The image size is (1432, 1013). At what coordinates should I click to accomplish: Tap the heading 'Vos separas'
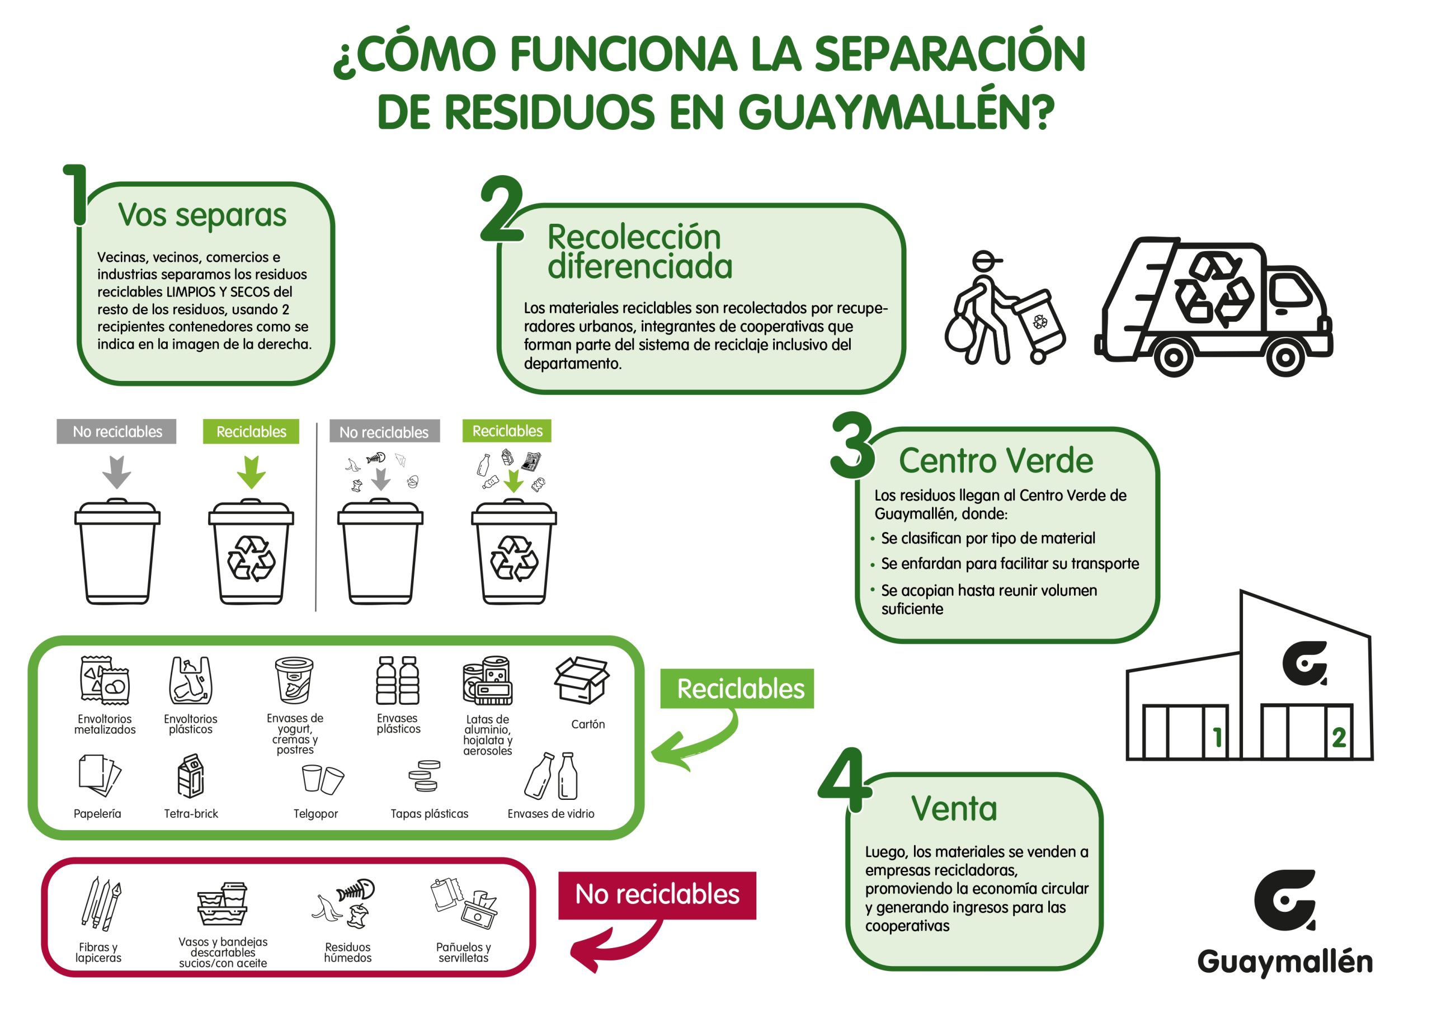pos(202,215)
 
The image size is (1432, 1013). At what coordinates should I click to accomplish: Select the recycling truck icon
pos(1214,307)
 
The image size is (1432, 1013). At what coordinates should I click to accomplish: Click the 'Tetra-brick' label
pos(191,813)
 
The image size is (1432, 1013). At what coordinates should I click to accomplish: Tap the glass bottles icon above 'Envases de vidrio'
pos(552,776)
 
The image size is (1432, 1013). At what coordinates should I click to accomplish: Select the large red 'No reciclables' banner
pos(657,894)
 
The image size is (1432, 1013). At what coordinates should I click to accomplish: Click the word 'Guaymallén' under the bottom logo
pos(1284,961)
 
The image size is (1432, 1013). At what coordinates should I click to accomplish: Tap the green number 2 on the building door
pos(1339,738)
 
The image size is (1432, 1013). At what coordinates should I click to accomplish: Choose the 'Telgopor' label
pos(315,813)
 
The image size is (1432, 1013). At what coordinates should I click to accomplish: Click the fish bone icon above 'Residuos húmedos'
pos(356,891)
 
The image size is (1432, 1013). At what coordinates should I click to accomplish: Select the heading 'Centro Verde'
pos(996,461)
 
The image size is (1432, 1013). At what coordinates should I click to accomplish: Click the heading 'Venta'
pos(954,808)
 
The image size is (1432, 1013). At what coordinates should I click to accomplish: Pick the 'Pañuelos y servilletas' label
pos(463,952)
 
